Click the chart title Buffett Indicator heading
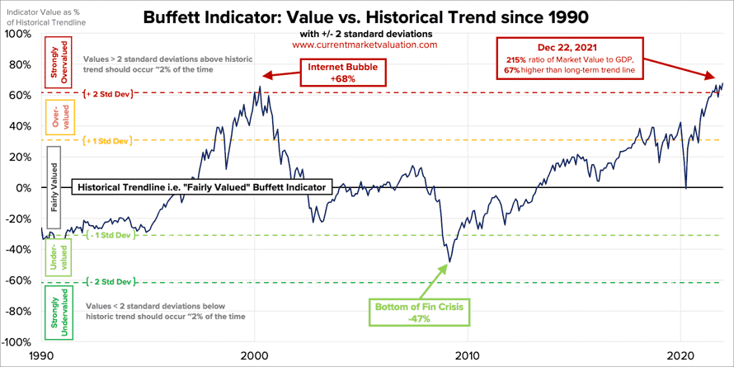pos(366,17)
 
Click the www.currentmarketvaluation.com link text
pos(365,45)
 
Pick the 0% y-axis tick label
pos(24,188)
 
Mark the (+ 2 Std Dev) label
pos(108,94)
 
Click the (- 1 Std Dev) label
pos(108,236)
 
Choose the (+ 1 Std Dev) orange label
pos(108,141)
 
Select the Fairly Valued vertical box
pos(54,188)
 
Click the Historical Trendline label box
pos(202,187)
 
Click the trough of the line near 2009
pos(449,262)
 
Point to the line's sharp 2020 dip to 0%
pos(686,188)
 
